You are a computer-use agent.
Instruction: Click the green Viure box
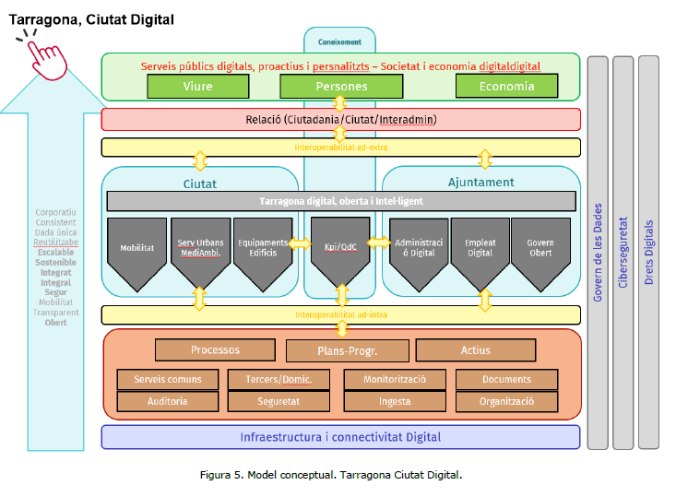point(197,86)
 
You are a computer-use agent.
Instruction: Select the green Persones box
point(338,86)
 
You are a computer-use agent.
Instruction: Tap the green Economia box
point(506,86)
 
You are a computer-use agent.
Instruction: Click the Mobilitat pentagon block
point(136,249)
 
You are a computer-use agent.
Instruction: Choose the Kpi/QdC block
point(340,249)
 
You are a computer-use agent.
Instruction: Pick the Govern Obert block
point(540,249)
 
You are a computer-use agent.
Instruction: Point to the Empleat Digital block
point(480,249)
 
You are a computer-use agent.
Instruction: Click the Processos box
point(215,350)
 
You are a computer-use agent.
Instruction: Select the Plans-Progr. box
point(347,351)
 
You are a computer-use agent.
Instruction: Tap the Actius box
point(476,350)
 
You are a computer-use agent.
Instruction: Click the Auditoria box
point(167,401)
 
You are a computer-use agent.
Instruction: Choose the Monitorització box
point(394,379)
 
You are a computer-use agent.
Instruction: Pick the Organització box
point(506,401)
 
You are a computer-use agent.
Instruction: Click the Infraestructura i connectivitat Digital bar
point(340,436)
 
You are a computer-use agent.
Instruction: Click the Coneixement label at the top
point(339,41)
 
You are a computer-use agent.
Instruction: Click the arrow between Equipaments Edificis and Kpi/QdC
point(301,243)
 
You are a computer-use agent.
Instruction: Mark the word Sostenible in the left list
point(56,263)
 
